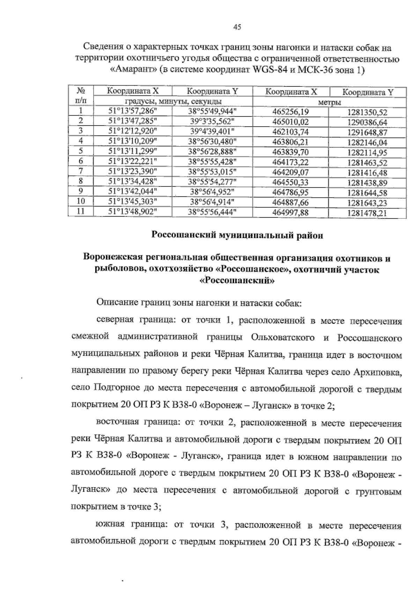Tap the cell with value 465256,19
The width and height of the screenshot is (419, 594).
pyautogui.click(x=291, y=112)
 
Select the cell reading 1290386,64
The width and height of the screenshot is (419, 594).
pyautogui.click(x=367, y=123)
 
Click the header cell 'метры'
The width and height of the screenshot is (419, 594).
pyautogui.click(x=329, y=102)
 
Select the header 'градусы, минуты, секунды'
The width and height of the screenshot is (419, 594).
pyautogui.click(x=173, y=102)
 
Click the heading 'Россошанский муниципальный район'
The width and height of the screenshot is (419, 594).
pyautogui.click(x=237, y=236)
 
